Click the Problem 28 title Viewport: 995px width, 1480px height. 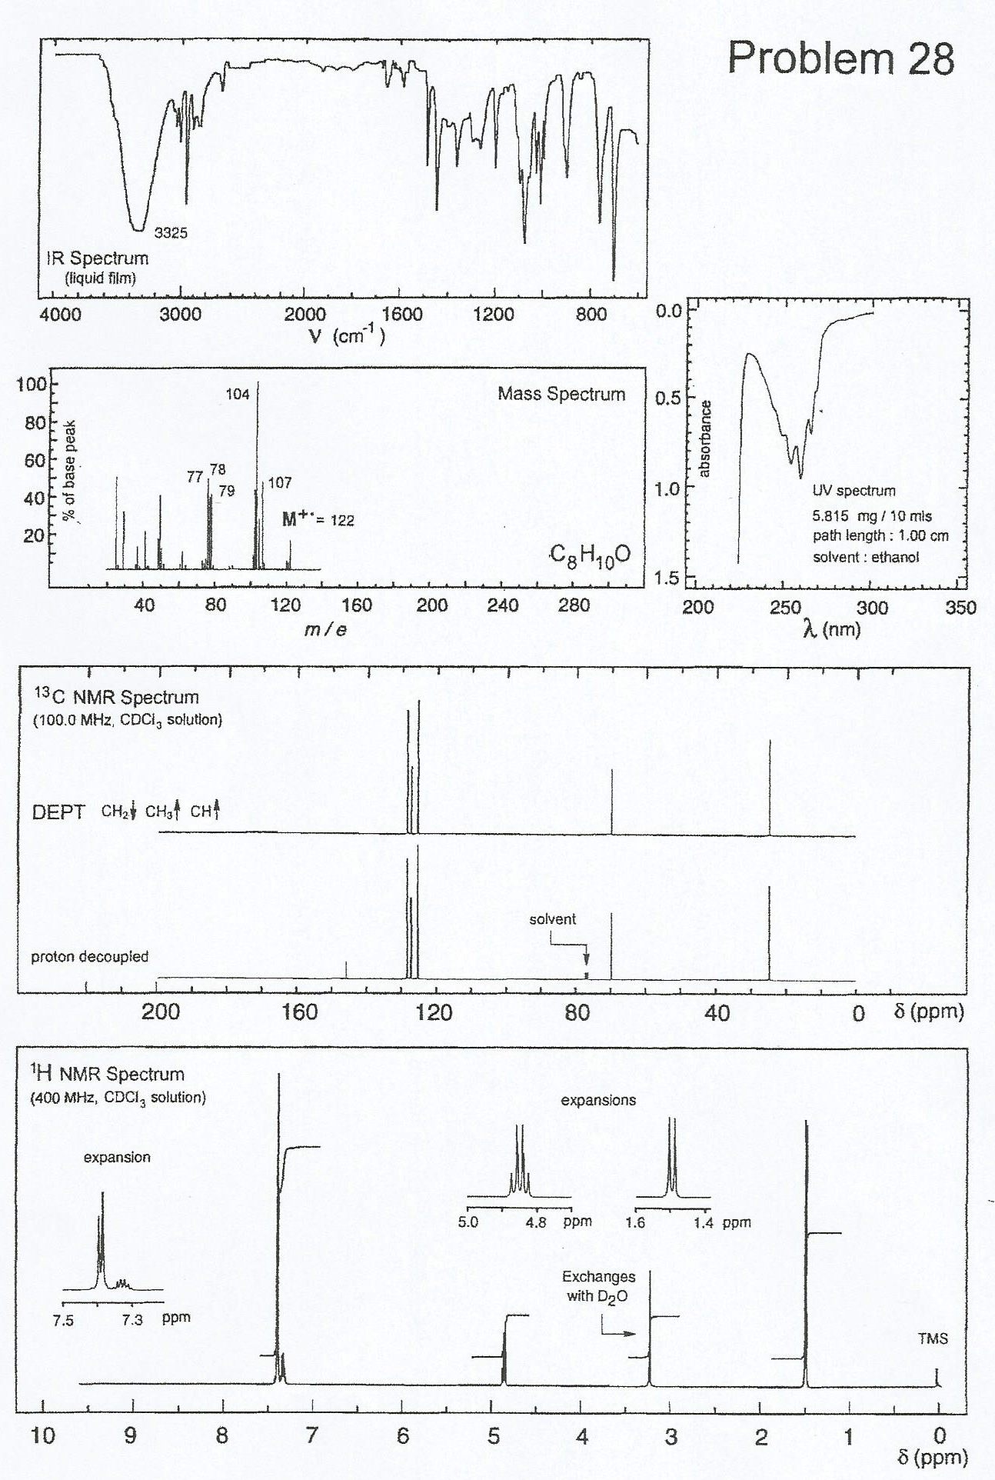click(840, 58)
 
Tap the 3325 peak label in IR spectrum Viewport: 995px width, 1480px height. click(171, 232)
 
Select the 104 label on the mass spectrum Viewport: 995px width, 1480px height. click(238, 395)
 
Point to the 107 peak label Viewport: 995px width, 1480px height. click(280, 482)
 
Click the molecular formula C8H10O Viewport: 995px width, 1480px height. click(589, 555)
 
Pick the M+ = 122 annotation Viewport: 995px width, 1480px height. click(318, 519)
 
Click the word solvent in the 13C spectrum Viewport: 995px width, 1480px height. click(552, 919)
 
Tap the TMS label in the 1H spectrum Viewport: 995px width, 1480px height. click(932, 1338)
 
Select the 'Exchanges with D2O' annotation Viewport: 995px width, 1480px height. click(598, 1286)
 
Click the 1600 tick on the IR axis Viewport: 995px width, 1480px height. click(401, 314)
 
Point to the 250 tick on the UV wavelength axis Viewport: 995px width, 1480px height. click(785, 608)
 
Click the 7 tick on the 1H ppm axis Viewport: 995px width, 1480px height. click(311, 1436)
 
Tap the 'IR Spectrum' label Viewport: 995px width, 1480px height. click(97, 258)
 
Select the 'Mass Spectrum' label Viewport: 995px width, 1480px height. click(561, 394)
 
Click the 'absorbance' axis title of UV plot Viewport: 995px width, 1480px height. click(705, 438)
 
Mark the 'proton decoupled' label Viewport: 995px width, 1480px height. click(89, 957)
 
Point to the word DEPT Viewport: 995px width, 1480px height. click(58, 812)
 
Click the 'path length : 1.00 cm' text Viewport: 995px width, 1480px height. click(880, 536)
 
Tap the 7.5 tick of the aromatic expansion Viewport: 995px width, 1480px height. click(64, 1321)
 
